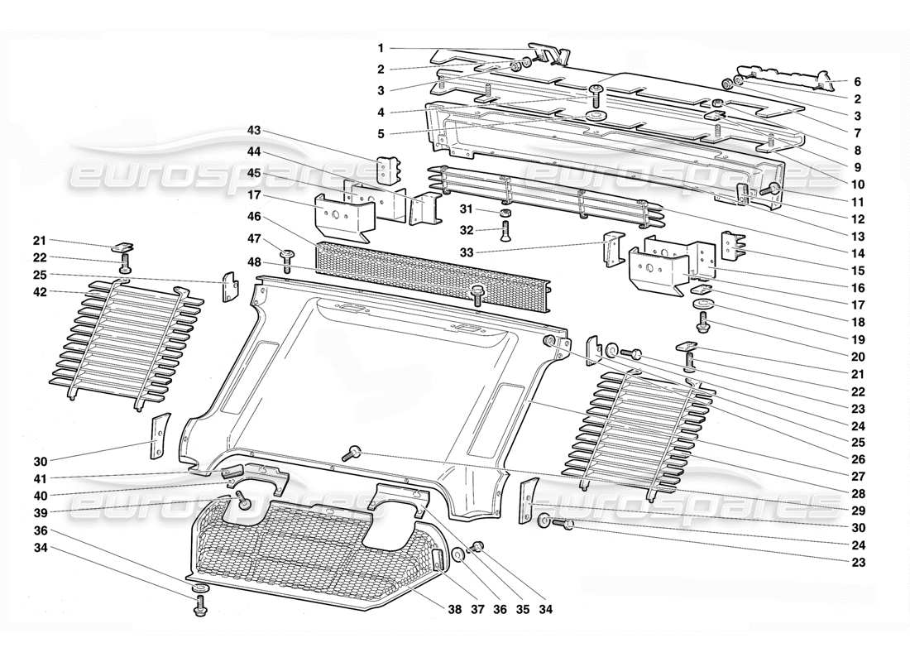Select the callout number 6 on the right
(x=857, y=82)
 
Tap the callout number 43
(x=254, y=130)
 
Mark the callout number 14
(x=857, y=253)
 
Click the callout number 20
(x=857, y=357)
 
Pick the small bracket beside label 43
(x=388, y=170)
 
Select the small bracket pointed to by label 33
(x=613, y=249)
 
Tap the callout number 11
(x=857, y=201)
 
